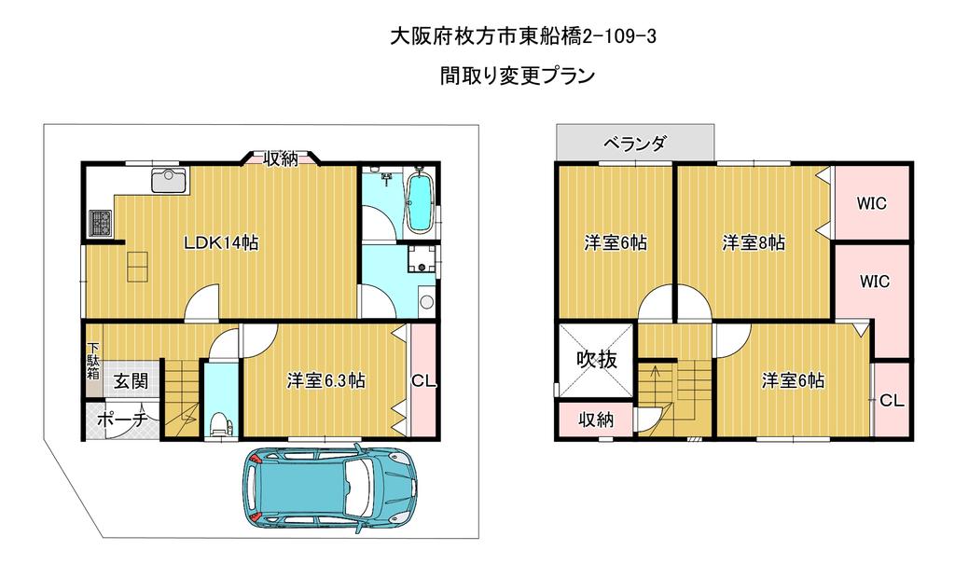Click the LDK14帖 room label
pos(222,243)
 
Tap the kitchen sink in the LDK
pos(170,180)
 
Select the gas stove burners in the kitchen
pos(101,222)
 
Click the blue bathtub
pos(419,201)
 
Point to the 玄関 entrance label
pos(131,381)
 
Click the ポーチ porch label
pos(122,420)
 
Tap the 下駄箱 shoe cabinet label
pos(93,361)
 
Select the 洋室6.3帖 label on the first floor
pos(325,380)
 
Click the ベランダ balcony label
pos(634,144)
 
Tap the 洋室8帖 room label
pos(754,243)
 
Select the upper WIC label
pos(872,203)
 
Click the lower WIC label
pos(875,282)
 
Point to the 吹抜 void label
pos(597,359)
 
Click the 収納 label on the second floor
pos(596,420)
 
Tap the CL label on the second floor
pos(893,400)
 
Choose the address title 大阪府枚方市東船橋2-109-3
pos(522,36)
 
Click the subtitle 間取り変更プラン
pos(518,76)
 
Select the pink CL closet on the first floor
pos(423,380)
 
